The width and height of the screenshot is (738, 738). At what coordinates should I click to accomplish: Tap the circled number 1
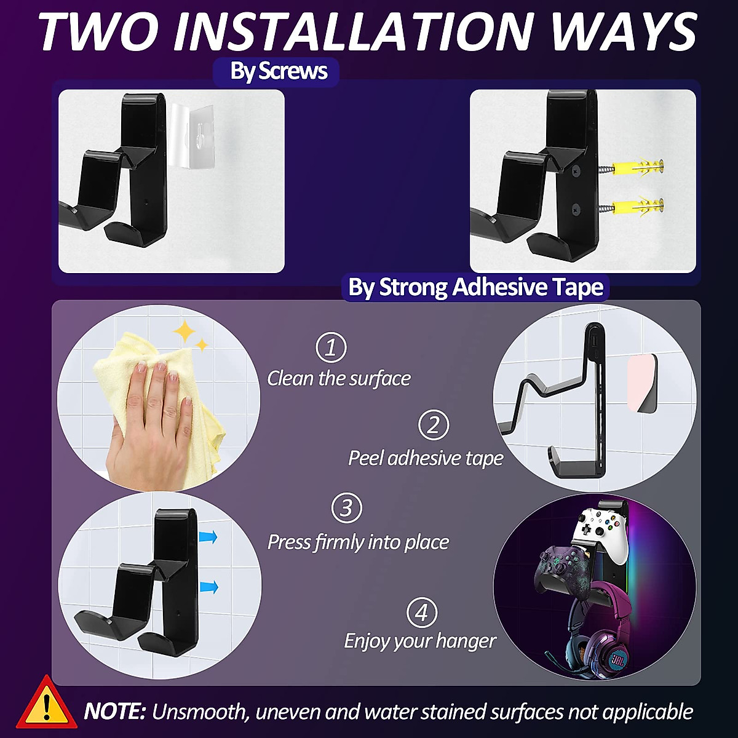331,347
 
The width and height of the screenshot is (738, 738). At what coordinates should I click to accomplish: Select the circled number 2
434,426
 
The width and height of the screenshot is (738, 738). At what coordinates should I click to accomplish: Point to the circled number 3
346,509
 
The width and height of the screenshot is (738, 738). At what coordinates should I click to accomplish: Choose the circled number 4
422,613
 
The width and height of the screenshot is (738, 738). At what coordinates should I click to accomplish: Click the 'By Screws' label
279,71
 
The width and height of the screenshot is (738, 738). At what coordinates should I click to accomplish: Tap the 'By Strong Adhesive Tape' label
475,287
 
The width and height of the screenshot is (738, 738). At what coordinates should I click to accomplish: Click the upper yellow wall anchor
640,167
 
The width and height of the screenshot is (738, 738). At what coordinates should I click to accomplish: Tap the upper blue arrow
208,538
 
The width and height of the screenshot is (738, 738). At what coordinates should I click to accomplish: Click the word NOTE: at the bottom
114,712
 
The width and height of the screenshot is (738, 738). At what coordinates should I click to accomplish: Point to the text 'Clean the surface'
338,378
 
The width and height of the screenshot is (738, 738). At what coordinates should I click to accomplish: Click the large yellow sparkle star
184,332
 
